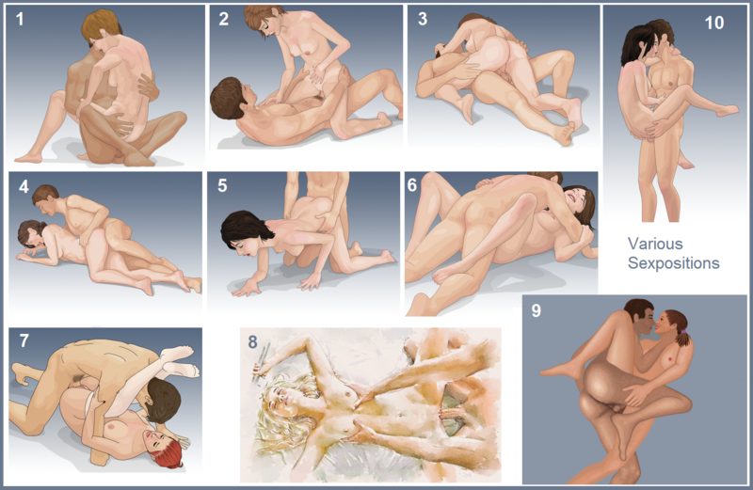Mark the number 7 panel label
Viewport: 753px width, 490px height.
click(24, 341)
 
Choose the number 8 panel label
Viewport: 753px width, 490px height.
click(252, 341)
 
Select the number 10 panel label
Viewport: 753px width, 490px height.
click(713, 23)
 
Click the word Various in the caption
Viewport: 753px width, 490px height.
click(652, 244)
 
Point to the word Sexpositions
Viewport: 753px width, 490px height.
click(673, 263)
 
